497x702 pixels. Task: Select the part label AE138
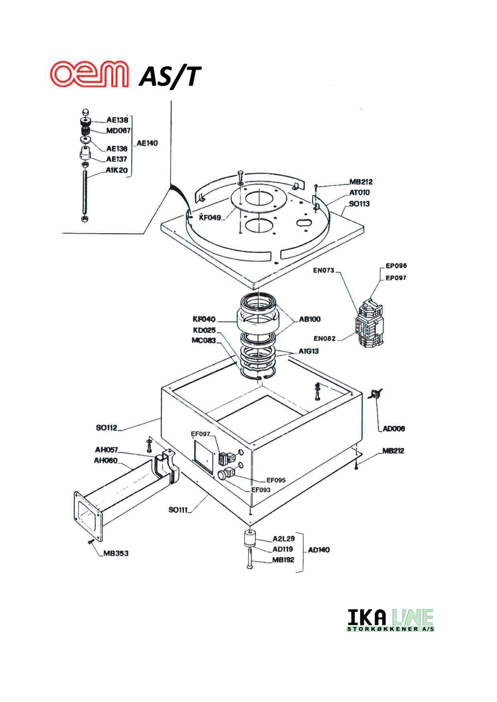[x=117, y=119]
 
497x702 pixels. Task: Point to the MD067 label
[x=118, y=130]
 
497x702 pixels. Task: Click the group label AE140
[x=147, y=143]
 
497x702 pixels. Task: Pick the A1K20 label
[x=117, y=170]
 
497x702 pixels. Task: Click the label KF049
[x=210, y=218]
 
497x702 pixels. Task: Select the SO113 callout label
[x=359, y=203]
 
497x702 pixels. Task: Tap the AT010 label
[x=359, y=193]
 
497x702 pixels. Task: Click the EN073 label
[x=323, y=270]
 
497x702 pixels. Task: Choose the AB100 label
[x=309, y=319]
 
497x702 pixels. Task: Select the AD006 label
[x=394, y=428]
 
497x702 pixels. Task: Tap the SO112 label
[x=107, y=428]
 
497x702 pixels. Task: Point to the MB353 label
[x=116, y=553]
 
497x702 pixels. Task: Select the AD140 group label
[x=319, y=550]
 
